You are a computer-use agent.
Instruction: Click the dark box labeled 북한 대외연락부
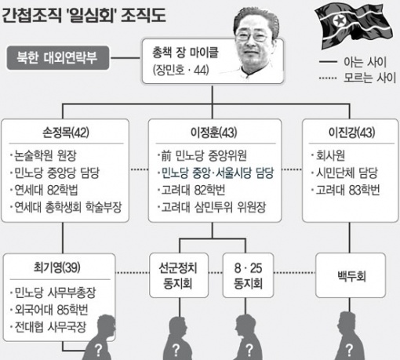coord(58,58)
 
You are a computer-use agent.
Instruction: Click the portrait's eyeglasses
coord(252,36)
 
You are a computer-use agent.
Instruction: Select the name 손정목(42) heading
coord(66,133)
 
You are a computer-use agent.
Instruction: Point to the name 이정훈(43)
coord(214,133)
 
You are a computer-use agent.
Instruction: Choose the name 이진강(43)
coord(351,133)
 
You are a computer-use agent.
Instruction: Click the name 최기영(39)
coord(57,267)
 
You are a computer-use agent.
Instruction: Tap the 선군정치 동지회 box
coord(179,275)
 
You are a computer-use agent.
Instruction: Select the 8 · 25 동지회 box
coord(248,275)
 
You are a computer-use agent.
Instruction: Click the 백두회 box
coord(351,275)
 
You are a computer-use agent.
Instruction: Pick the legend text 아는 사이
coord(365,62)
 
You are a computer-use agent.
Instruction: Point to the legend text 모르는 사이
coord(369,78)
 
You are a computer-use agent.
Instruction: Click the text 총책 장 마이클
coord(185,53)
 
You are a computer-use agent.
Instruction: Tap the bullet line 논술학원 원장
coord(43,156)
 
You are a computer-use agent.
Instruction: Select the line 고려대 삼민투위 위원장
coord(211,207)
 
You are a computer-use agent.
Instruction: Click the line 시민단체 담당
coord(344,173)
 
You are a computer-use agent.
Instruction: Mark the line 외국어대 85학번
coord(49,310)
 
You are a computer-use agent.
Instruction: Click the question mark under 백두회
coord(349,350)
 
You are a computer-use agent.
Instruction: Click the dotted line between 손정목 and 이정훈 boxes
coord(139,169)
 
